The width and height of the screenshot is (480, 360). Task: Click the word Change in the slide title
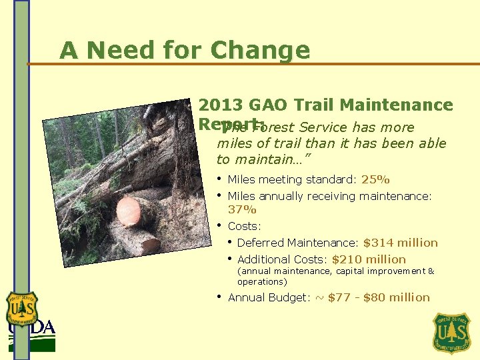point(260,51)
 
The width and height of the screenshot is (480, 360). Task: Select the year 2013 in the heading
point(220,105)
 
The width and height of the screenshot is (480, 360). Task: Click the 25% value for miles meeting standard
point(375,179)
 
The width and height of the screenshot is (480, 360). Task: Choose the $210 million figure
point(369,259)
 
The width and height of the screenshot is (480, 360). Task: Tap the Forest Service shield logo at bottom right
point(452,333)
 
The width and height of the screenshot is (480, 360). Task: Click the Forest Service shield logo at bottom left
point(22,309)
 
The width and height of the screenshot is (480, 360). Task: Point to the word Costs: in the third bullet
point(245,227)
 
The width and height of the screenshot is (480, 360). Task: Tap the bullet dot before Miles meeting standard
point(219,179)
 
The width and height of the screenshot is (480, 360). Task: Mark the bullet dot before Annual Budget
point(219,296)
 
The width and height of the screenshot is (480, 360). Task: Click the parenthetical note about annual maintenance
point(335,276)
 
